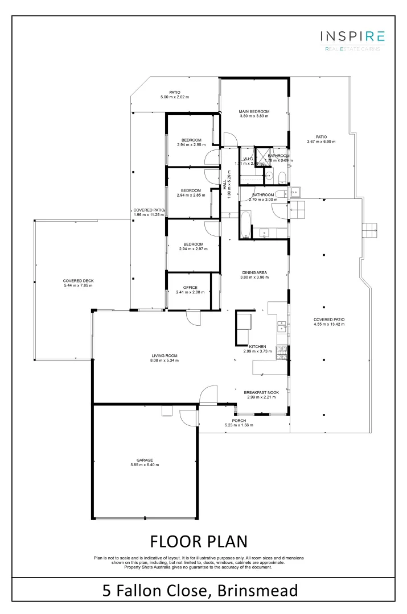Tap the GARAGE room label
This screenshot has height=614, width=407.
(x=144, y=460)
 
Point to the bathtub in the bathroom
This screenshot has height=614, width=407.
(x=245, y=225)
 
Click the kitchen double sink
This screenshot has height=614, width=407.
(x=281, y=326)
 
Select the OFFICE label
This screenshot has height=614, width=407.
(x=190, y=287)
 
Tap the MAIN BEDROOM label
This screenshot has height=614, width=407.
(x=253, y=111)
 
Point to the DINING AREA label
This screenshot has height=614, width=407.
(x=253, y=272)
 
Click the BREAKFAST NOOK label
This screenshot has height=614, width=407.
(x=260, y=392)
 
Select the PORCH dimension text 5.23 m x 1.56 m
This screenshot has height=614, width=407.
(x=239, y=425)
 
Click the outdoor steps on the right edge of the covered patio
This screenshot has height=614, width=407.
(x=370, y=230)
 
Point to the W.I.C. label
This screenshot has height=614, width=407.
(x=248, y=159)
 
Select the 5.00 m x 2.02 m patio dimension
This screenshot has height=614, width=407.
(x=175, y=97)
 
